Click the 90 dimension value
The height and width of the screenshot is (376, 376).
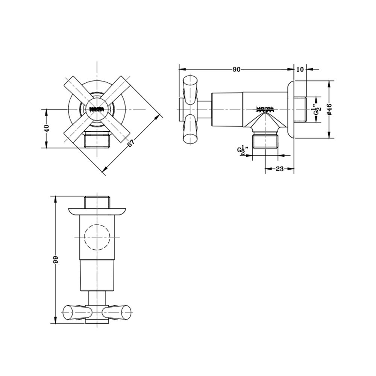[x=236, y=69]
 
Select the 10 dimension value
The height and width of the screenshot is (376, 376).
[x=300, y=69]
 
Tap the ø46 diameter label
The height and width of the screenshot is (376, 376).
[x=329, y=109]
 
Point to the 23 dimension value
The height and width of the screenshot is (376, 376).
[x=279, y=169]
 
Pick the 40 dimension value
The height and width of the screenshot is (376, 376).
[x=47, y=128]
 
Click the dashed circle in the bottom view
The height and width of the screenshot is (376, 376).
[x=97, y=237]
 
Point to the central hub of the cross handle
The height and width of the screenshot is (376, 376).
[x=97, y=109]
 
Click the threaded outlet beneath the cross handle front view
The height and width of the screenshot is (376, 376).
[x=97, y=140]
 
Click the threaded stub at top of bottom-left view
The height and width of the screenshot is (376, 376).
[x=97, y=202]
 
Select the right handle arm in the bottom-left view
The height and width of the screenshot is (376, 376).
[x=117, y=312]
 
